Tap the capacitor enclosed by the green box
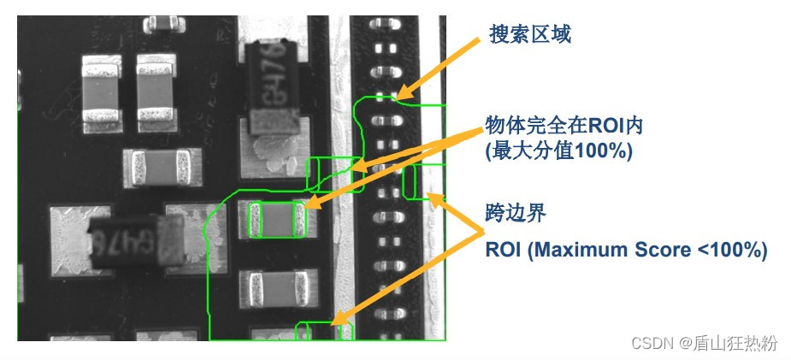(276, 220)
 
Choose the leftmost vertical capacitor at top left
(101, 87)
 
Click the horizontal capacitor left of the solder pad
(156, 167)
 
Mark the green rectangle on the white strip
(428, 181)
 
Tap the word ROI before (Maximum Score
(505, 250)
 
